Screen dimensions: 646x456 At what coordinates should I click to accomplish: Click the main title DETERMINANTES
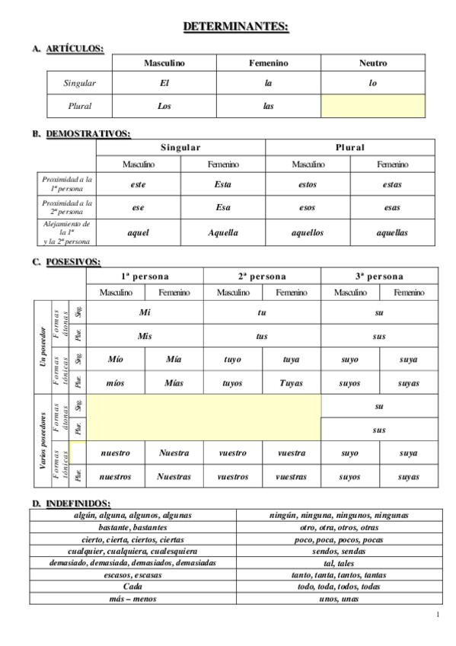point(236,27)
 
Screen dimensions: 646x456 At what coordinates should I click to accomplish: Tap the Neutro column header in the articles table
point(373,63)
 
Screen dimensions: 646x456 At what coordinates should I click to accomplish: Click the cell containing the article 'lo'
point(373,83)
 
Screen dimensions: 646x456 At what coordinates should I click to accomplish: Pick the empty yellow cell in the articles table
point(373,107)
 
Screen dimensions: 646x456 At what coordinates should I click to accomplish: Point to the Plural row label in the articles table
point(79,107)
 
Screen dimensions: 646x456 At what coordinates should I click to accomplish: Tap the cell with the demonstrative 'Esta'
point(223,184)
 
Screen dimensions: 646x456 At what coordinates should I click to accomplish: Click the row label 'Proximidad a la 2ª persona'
point(67,206)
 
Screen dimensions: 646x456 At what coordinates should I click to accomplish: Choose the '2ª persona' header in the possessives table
point(263,277)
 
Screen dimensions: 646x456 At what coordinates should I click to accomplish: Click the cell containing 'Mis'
point(145,336)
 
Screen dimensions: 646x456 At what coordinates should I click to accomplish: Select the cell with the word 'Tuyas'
point(291,383)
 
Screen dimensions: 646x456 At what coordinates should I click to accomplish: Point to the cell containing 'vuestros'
point(233,477)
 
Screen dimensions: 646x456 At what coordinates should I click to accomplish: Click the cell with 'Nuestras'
point(174,477)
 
